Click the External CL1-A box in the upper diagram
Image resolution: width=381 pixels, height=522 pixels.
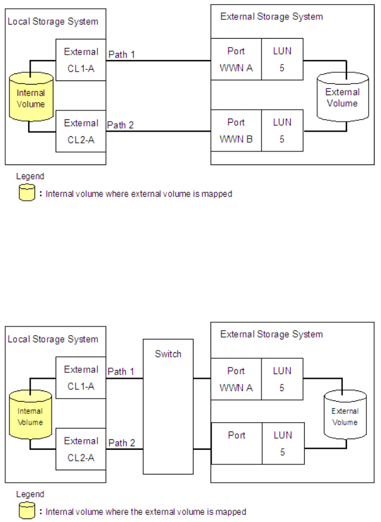pyautogui.click(x=81, y=59)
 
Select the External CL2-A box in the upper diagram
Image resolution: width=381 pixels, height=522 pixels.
pyautogui.click(x=81, y=130)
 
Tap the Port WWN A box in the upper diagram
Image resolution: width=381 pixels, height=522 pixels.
pyautogui.click(x=236, y=59)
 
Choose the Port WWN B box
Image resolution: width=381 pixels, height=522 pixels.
pyautogui.click(x=236, y=130)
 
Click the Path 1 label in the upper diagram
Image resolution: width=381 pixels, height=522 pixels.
pyautogui.click(x=121, y=55)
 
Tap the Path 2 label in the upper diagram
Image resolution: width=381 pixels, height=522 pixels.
pyautogui.click(x=121, y=125)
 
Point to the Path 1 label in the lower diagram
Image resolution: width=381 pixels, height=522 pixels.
pyautogui.click(x=121, y=372)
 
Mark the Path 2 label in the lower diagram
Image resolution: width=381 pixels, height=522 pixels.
pyautogui.click(x=121, y=443)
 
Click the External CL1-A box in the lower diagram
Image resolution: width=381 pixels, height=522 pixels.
pyautogui.click(x=81, y=378)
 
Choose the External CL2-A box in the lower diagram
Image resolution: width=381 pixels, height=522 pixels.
pyautogui.click(x=81, y=449)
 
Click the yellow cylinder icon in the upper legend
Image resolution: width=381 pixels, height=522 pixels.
pyautogui.click(x=27, y=193)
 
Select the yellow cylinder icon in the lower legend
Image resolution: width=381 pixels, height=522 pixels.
pyautogui.click(x=27, y=511)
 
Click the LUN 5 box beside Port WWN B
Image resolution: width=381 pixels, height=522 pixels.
pyautogui.click(x=282, y=130)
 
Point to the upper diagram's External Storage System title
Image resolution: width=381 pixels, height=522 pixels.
pyautogui.click(x=271, y=16)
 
